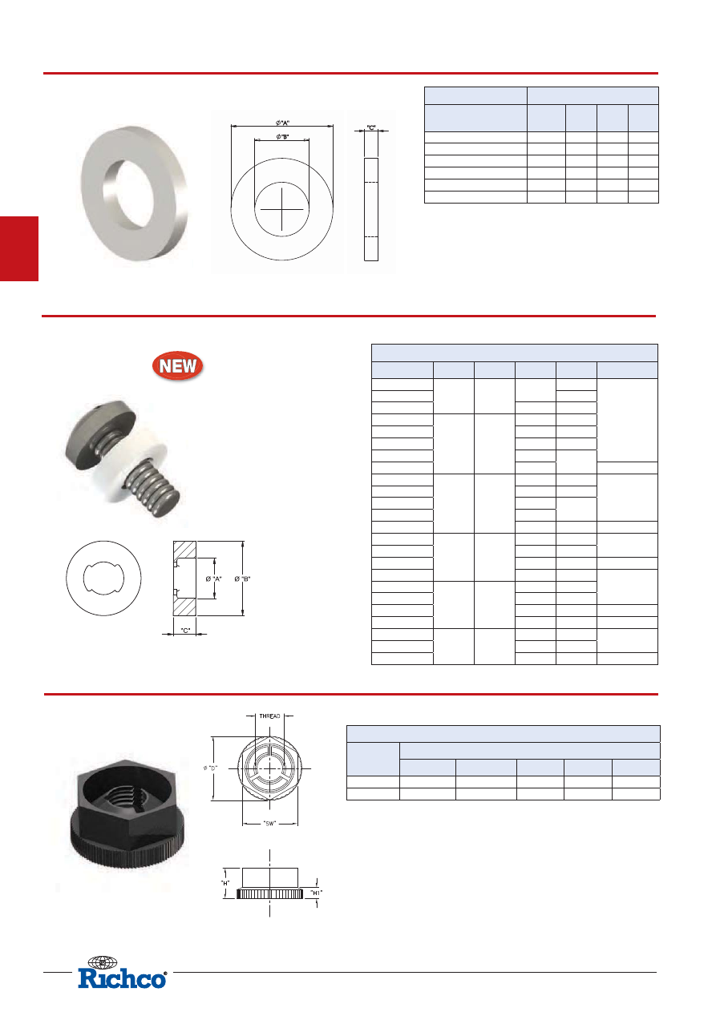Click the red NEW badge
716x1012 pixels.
(178, 365)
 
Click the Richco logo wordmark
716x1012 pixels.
(123, 979)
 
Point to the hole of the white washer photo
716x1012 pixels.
(128, 193)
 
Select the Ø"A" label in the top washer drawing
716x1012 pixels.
(282, 123)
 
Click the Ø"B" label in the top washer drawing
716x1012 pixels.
(282, 136)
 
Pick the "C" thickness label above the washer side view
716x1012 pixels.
(371, 127)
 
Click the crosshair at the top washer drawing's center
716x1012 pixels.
(281, 208)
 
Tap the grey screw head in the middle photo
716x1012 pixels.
(101, 434)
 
